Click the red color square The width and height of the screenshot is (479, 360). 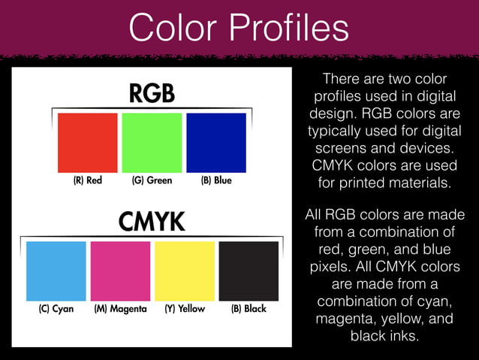click(x=88, y=143)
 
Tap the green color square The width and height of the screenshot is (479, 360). click(x=152, y=143)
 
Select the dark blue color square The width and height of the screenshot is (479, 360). click(x=216, y=143)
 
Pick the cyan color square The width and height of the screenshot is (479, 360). click(x=56, y=271)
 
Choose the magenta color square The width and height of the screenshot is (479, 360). click(x=120, y=271)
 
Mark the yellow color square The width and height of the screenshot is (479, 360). click(x=185, y=271)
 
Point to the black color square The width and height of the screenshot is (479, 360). click(x=249, y=271)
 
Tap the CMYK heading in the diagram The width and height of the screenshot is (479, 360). click(x=152, y=222)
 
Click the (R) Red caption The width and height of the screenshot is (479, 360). click(x=87, y=180)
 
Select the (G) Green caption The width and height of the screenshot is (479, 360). click(x=152, y=180)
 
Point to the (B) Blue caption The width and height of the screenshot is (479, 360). click(x=216, y=180)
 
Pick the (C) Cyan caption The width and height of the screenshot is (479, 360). click(x=56, y=309)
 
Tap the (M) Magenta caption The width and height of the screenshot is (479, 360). click(x=120, y=309)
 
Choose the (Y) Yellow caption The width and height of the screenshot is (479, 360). click(x=185, y=309)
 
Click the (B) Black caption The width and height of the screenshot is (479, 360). click(x=249, y=309)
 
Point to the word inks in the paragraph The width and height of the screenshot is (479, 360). click(x=401, y=336)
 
